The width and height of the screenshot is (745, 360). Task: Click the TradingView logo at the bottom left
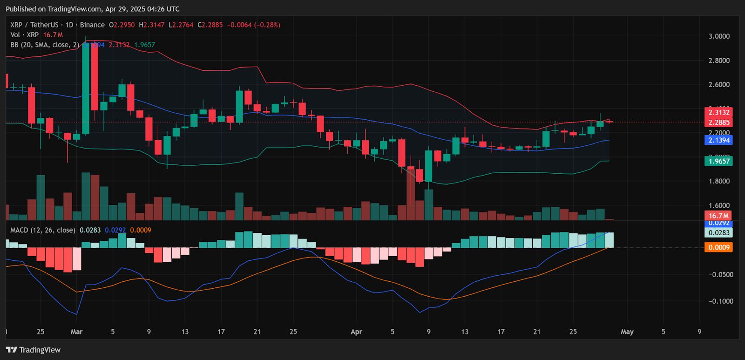coord(33,350)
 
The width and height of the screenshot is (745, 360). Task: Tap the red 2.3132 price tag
coord(719,112)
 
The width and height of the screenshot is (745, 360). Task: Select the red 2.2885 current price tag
coord(719,122)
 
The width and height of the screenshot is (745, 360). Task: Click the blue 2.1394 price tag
coord(719,140)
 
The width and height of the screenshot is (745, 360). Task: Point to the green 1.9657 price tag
coord(719,161)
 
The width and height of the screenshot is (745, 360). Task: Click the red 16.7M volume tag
coord(719,216)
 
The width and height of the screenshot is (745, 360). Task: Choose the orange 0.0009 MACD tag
coord(719,247)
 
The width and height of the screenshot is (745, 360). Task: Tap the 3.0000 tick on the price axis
coord(719,36)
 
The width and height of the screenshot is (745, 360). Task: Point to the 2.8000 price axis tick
coord(719,61)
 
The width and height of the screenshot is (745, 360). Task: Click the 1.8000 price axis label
coord(719,181)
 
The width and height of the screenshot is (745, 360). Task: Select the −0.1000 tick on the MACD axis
coord(721,301)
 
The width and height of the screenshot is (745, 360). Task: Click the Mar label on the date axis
coord(76,332)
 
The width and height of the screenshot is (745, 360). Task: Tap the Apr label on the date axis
coord(356,332)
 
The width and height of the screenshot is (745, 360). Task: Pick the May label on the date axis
coord(627,332)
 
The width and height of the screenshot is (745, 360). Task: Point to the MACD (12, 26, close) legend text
coord(43,230)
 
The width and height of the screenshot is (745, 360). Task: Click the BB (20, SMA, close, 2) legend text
coord(45,45)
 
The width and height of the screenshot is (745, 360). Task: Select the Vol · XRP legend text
coord(25,35)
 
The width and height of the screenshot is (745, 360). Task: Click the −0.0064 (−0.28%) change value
coord(254,25)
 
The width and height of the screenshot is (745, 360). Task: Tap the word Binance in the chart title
coord(92,25)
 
